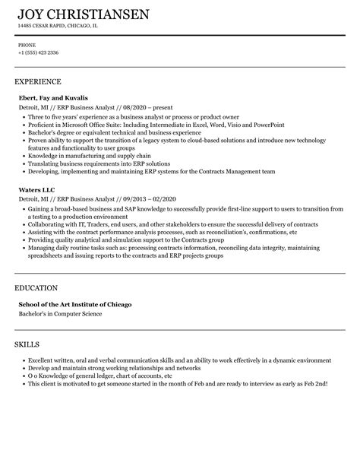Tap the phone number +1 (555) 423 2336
click(39, 52)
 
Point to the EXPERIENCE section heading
click(38, 81)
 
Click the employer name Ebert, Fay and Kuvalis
click(53, 98)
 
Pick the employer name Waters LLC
click(36, 188)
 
